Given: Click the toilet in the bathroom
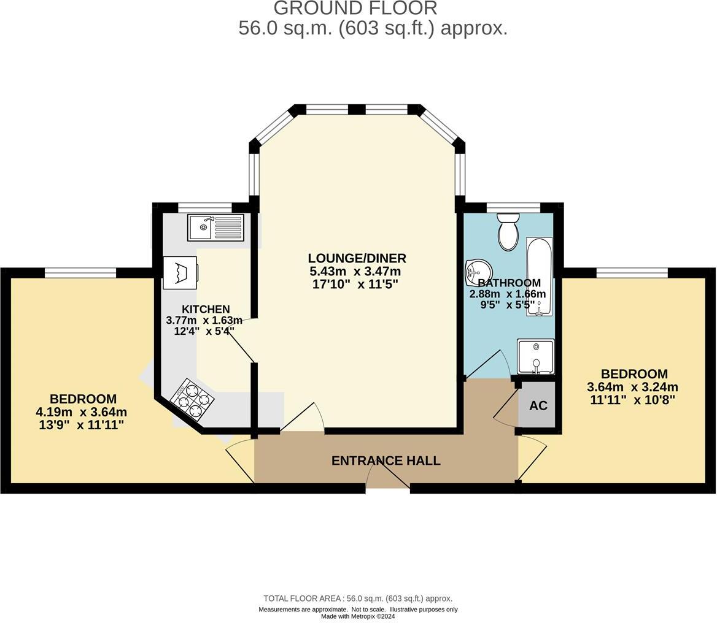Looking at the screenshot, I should pos(508,232).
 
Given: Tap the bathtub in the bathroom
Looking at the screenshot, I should pos(539,276).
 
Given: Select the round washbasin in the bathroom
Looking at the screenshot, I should pos(478,270).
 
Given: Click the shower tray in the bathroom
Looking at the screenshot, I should pos(535,356).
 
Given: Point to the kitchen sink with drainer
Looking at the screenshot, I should pos(215,227).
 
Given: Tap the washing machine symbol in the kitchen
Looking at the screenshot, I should pos(180,272).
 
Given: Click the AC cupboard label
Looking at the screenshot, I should pos(538,406).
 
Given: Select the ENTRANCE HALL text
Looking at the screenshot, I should pos(386,461).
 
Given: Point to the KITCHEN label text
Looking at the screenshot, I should pos(206,309).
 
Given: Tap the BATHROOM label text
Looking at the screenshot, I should pos(509,283).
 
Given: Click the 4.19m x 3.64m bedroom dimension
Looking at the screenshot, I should pos(82,411).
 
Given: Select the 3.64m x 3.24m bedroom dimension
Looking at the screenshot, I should pos(632,387).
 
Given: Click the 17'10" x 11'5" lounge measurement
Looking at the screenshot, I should pos(355,284).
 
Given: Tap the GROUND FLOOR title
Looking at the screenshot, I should pos(355,8).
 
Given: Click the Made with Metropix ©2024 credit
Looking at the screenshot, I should pos(358,616).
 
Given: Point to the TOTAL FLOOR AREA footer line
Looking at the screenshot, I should pos(358,598).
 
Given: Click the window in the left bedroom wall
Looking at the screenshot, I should pos(80,273).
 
